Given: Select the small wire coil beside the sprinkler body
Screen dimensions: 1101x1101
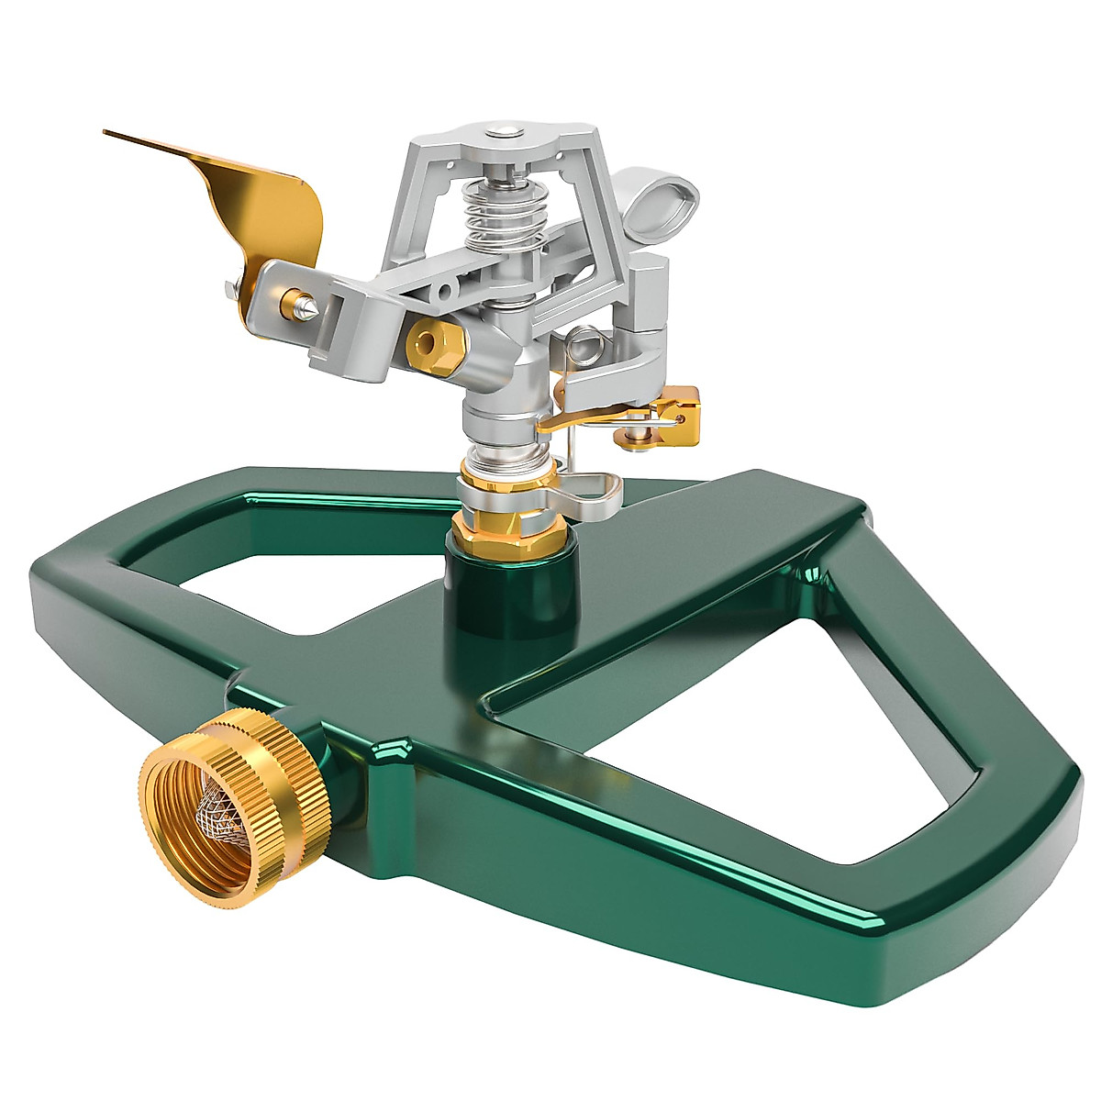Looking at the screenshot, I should tap(584, 346).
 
